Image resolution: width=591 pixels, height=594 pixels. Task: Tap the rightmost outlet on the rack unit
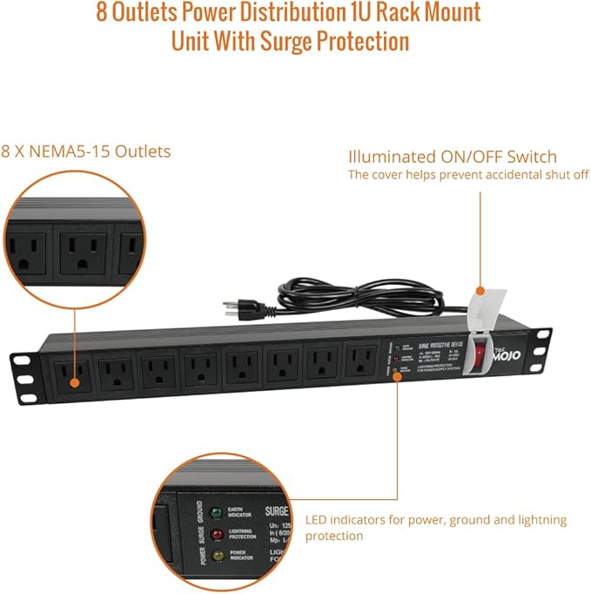(x=359, y=361)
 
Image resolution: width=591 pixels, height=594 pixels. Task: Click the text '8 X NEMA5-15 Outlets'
(x=86, y=152)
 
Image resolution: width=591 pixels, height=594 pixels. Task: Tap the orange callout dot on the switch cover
(x=480, y=291)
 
